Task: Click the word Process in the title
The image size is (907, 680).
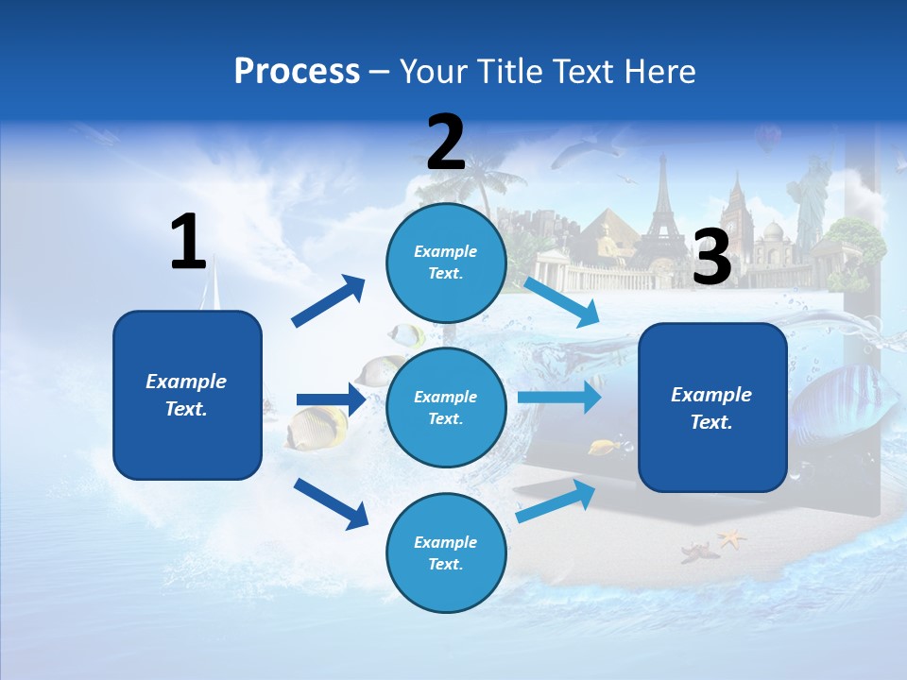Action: coord(297,72)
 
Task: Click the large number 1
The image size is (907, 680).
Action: coord(188,242)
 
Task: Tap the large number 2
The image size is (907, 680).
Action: coord(446,143)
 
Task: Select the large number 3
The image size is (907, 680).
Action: coord(712,258)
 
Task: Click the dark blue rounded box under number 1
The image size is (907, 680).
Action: coord(187,395)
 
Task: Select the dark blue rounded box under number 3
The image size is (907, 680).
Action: coord(712,408)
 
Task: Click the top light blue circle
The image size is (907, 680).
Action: coord(446,263)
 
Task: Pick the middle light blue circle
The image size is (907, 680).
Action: coord(446,407)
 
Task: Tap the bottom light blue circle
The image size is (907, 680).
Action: coord(446,552)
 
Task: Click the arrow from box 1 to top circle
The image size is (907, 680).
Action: coord(328,301)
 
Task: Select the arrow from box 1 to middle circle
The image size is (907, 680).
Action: coord(331,399)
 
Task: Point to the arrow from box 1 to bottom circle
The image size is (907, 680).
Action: coord(331,503)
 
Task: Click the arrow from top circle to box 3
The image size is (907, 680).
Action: coord(561,301)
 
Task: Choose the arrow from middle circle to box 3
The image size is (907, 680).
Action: coord(559,397)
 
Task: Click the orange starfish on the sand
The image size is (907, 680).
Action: coord(730,538)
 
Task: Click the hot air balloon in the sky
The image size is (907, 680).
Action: coord(767,139)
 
